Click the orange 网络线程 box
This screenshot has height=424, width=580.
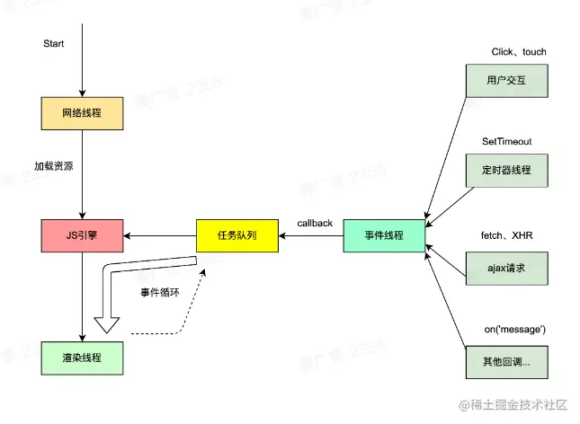[82, 113]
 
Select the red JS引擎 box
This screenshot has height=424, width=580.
[82, 235]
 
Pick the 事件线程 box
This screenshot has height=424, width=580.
[384, 235]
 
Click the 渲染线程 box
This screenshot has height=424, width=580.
[82, 358]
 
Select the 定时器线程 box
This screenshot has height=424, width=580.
[506, 169]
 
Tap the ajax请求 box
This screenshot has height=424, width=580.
[506, 268]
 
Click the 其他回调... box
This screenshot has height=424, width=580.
[506, 360]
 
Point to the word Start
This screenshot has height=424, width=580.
[54, 44]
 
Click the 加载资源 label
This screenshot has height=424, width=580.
[55, 167]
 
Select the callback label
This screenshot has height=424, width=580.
[315, 222]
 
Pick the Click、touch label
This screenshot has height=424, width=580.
[519, 52]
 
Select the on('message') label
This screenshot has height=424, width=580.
[515, 330]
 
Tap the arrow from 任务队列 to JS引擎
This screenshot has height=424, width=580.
[160, 235]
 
